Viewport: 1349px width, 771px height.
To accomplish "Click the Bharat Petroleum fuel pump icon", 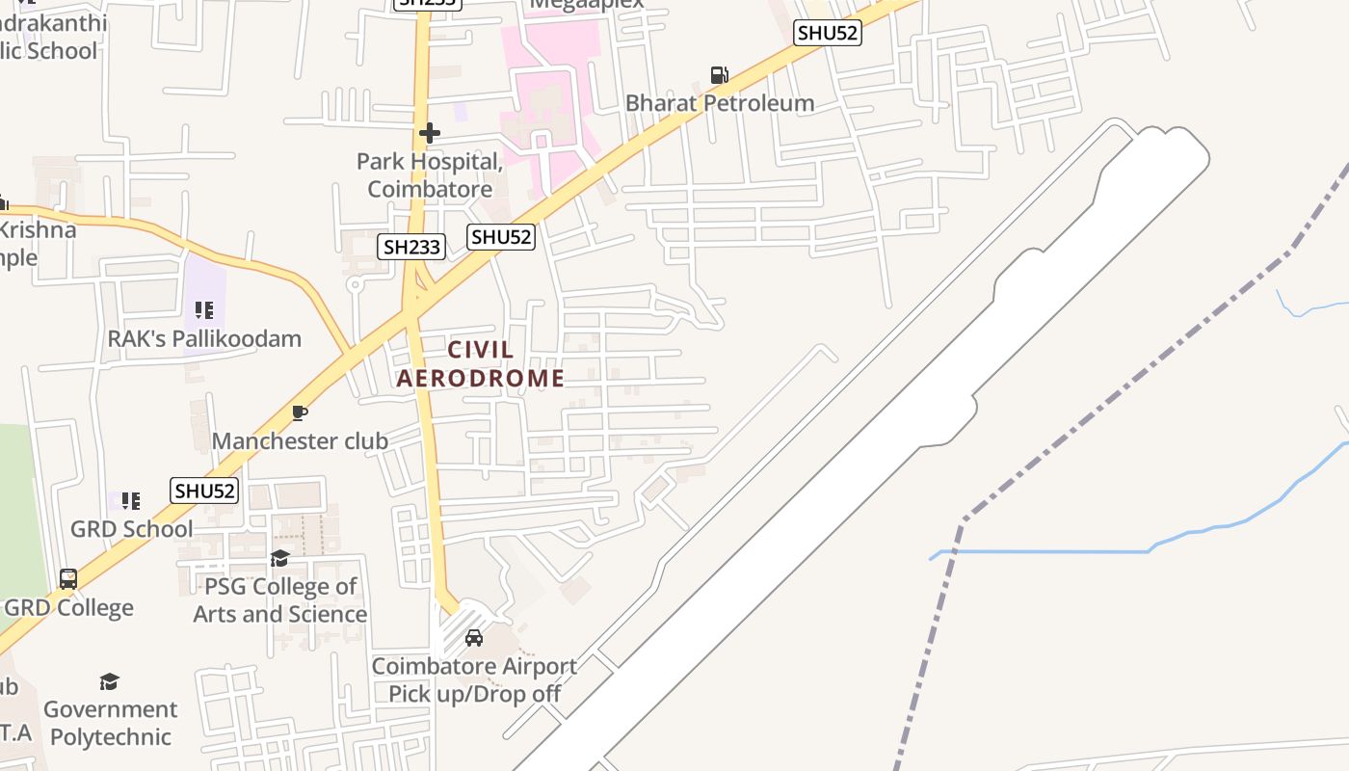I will coord(719,74).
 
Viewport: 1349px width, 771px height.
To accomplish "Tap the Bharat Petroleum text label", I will coord(720,103).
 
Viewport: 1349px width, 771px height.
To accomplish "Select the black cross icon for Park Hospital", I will coord(430,133).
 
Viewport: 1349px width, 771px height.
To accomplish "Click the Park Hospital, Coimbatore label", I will coord(430,175).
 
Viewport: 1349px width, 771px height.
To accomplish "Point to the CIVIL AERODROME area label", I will coord(481,364).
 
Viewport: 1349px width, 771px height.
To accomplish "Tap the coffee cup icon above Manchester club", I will coord(300,413).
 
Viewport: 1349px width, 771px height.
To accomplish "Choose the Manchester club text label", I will coord(300,441).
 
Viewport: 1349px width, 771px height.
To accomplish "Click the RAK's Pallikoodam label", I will coord(204,339).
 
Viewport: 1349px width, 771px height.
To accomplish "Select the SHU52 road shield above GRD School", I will coord(204,491).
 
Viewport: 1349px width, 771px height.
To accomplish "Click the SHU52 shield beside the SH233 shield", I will coord(501,237).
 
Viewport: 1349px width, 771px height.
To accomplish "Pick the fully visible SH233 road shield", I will coord(411,247).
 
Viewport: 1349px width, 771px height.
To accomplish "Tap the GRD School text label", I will coord(132,529).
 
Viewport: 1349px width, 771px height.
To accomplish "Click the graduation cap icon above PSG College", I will coord(280,559).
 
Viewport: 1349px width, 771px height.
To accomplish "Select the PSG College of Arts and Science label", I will coord(280,600).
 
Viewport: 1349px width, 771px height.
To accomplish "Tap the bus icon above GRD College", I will coord(68,579).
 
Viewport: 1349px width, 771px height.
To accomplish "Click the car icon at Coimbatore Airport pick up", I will coord(474,638).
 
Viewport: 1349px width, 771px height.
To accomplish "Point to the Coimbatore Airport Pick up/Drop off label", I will coord(474,679).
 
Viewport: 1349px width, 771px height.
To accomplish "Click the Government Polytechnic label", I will coord(110,723).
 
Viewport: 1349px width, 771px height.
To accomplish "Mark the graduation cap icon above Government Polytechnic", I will coord(110,682).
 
